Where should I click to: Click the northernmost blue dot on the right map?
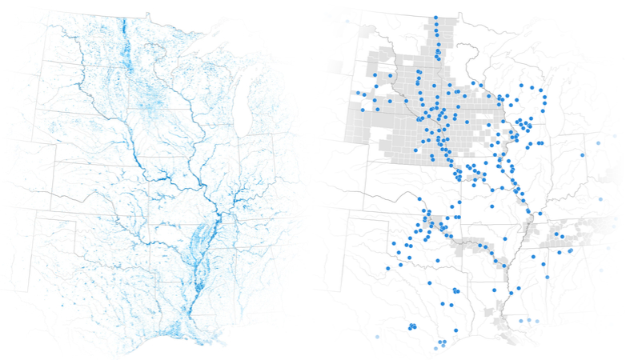point(435,18)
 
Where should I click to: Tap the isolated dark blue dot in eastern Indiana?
point(582,154)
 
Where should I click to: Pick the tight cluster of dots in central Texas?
point(412,326)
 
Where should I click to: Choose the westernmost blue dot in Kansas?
point(392,244)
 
